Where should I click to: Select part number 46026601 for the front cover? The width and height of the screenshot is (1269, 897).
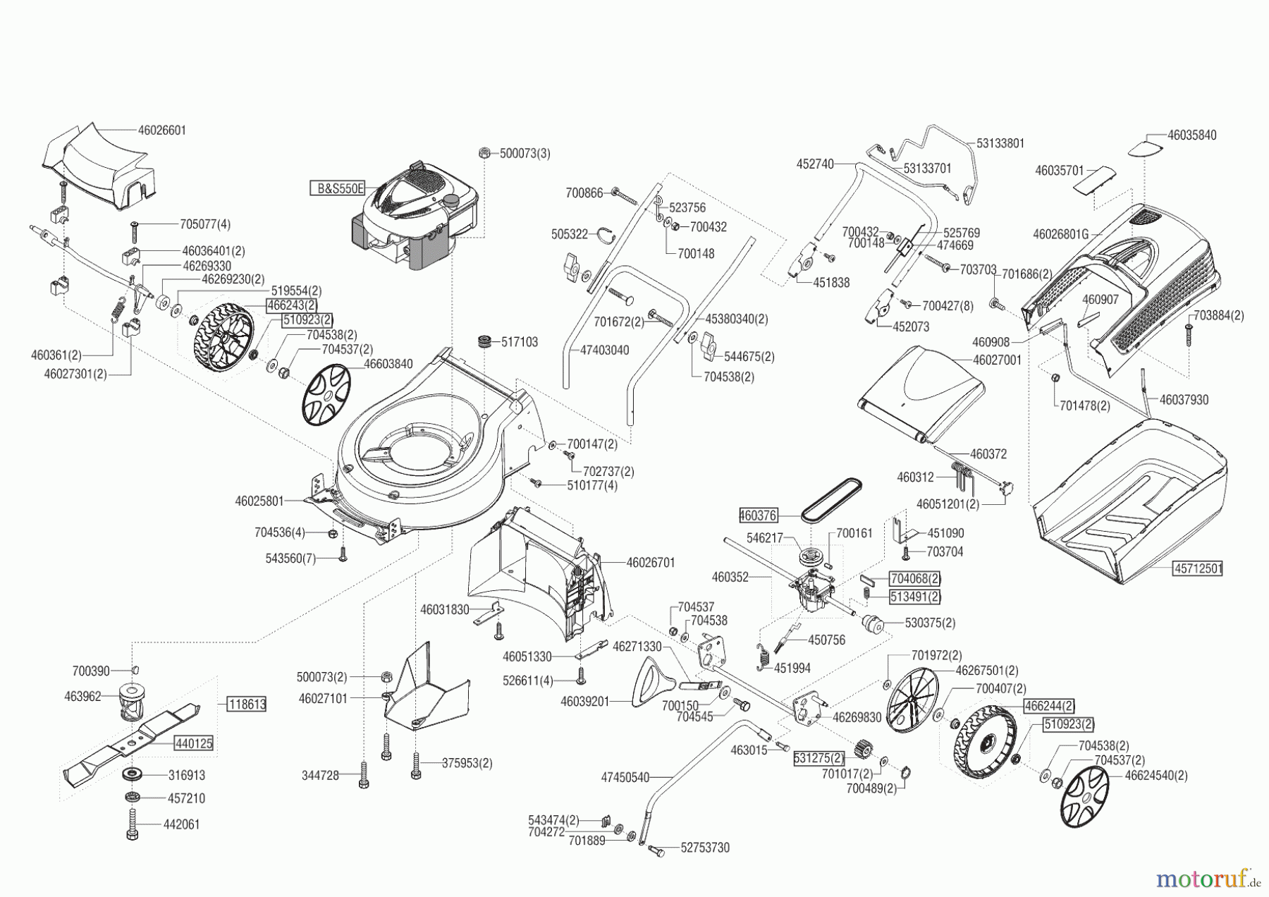click(162, 130)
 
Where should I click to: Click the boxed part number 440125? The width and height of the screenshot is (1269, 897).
click(194, 743)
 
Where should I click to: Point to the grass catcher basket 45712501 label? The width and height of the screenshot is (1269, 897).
click(1198, 568)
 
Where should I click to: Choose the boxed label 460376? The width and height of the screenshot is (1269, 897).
click(759, 515)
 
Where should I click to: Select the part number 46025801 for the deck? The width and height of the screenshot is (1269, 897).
click(259, 501)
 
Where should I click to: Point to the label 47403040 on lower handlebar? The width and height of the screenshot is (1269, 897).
click(605, 350)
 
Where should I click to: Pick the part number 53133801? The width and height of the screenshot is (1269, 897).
click(1000, 143)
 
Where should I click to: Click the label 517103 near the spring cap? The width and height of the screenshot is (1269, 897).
click(519, 342)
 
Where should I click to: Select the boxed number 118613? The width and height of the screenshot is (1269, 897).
click(246, 704)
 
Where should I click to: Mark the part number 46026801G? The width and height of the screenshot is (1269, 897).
click(1060, 233)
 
